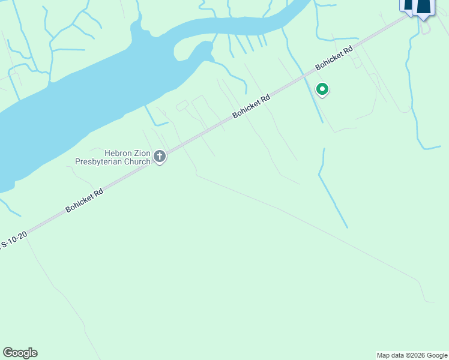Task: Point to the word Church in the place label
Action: pyautogui.click(x=137, y=161)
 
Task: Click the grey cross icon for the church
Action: pyautogui.click(x=160, y=157)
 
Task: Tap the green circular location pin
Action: pyautogui.click(x=322, y=90)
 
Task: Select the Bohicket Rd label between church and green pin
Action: pyautogui.click(x=252, y=105)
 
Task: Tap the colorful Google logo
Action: pyautogui.click(x=20, y=353)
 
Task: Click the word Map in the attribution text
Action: pyautogui.click(x=383, y=355)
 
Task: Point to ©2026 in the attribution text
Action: pyautogui.click(x=413, y=355)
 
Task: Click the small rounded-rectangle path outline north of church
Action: pyautogui.click(x=182, y=106)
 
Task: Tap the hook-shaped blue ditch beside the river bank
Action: pyautogui.click(x=155, y=119)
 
